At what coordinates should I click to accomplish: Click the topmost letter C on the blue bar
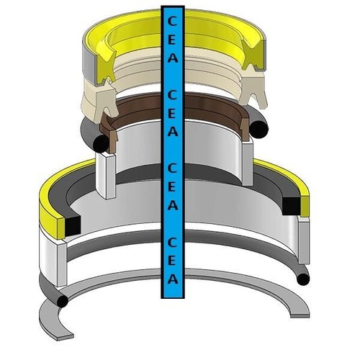pos(172,21)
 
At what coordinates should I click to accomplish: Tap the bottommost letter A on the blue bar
pos(173,279)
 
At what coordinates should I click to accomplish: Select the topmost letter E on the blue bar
pos(172,39)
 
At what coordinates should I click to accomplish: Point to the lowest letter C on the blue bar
pos(172,243)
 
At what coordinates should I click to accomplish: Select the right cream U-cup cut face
pos(253,91)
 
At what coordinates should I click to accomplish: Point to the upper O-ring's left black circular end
pos(101,144)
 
